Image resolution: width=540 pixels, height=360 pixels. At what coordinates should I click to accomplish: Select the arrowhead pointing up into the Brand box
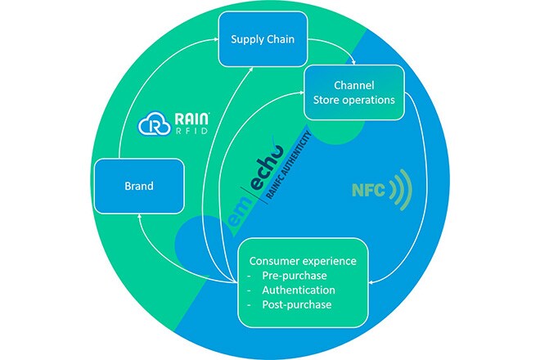tap(142, 217)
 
